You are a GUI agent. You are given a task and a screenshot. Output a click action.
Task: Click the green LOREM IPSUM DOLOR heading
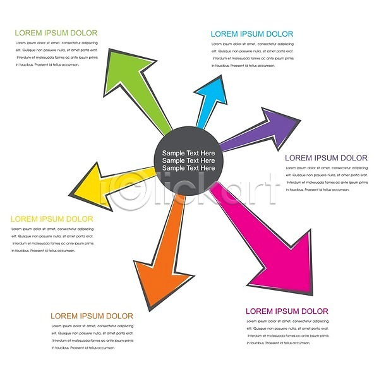point(56,33)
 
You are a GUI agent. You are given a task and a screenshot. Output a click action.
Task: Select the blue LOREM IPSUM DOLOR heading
point(251,34)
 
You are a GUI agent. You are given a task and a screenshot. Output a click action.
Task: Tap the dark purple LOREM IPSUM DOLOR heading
point(326,158)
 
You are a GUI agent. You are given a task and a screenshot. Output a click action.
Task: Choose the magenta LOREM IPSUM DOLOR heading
point(287,311)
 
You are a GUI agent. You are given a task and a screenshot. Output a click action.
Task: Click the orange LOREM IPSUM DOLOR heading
point(92,316)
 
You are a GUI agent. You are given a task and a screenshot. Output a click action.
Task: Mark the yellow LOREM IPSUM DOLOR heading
point(52,219)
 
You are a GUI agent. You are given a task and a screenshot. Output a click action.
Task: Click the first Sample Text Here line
point(188,153)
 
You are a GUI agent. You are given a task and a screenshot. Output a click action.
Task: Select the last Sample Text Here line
point(188,169)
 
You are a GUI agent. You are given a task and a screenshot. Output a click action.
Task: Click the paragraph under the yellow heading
point(52,239)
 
